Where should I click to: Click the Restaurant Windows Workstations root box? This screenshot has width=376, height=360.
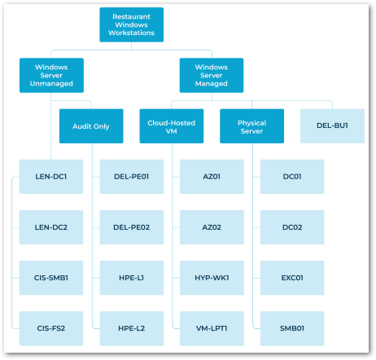(131, 24)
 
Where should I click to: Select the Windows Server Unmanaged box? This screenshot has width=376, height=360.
(50, 75)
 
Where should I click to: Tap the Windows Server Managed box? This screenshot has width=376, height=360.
(211, 75)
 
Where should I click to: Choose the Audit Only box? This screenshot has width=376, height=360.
(91, 126)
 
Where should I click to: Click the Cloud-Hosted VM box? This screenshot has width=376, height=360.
(171, 126)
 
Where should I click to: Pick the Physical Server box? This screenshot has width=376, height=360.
(251, 126)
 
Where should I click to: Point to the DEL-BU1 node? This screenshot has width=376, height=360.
(332, 126)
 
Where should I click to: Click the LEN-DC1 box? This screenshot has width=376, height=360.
(50, 177)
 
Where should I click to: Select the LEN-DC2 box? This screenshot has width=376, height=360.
(50, 227)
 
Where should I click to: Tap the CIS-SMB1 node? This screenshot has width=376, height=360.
(50, 278)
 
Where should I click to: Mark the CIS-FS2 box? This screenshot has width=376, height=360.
(50, 328)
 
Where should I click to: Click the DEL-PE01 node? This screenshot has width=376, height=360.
(131, 177)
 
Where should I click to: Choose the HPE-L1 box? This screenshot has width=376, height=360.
(131, 278)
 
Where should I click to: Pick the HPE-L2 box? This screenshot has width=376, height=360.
(131, 328)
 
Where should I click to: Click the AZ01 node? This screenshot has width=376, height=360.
(211, 177)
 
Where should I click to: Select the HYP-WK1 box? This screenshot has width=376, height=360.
(211, 278)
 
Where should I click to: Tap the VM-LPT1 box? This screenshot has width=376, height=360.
(211, 328)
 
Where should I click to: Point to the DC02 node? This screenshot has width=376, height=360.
(291, 227)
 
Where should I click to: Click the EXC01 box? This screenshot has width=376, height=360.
(291, 278)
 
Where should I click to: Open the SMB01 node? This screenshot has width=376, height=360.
(291, 328)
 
